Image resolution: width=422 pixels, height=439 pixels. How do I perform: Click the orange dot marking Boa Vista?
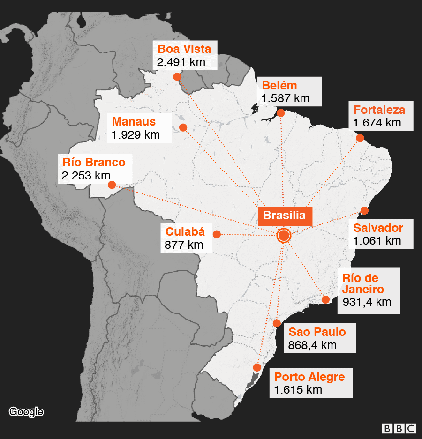[177, 77]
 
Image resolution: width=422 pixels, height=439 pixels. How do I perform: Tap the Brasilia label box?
[285, 216]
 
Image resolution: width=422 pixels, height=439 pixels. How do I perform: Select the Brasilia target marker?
[284, 235]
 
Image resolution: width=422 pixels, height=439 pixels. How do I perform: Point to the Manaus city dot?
[183, 127]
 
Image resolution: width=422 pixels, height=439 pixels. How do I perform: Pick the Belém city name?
[279, 85]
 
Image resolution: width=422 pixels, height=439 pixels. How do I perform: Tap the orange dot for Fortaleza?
[360, 138]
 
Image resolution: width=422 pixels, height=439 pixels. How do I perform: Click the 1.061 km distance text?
[377, 241]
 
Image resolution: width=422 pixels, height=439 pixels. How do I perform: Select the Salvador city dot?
[364, 211]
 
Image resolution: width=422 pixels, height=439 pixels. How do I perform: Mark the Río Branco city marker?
[112, 185]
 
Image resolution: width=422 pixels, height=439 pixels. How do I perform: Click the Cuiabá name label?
[185, 231]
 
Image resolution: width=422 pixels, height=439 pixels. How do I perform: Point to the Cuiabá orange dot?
[217, 234]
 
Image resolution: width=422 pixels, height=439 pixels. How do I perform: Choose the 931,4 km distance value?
[367, 302]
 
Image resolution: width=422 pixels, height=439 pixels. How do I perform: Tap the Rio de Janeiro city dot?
[325, 299]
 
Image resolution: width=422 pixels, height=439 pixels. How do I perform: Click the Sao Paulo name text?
[317, 332]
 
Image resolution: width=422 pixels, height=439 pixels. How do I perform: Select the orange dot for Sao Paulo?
[277, 323]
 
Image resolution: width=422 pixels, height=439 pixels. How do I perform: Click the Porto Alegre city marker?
[257, 367]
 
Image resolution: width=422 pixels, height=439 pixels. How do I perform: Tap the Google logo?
[26, 412]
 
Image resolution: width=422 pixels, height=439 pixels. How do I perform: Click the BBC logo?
[399, 428]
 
